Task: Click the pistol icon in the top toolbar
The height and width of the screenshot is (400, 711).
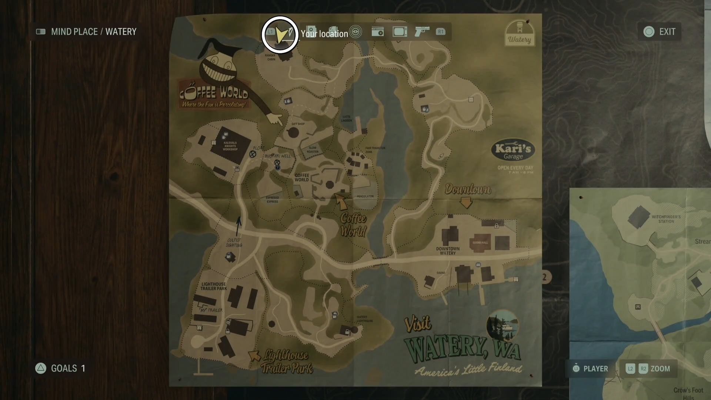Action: pyautogui.click(x=422, y=31)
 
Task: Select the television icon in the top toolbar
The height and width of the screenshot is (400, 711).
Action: pyautogui.click(x=400, y=32)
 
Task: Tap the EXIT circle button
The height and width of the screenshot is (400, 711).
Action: pyautogui.click(x=649, y=32)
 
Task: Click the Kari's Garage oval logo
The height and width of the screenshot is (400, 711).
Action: pyautogui.click(x=513, y=151)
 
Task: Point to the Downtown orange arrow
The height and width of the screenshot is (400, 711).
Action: pyautogui.click(x=466, y=203)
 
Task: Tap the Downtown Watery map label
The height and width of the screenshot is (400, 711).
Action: pyautogui.click(x=448, y=251)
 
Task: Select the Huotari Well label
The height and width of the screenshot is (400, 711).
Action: pyautogui.click(x=278, y=156)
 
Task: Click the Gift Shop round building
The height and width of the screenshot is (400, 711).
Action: pyautogui.click(x=294, y=133)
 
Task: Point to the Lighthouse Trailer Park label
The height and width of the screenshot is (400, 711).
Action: pyautogui.click(x=214, y=286)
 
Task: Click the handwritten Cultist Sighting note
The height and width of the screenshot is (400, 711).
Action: pyautogui.click(x=234, y=243)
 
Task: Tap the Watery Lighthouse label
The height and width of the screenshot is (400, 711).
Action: pyautogui.click(x=364, y=319)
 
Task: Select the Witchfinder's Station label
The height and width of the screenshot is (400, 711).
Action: pyautogui.click(x=666, y=219)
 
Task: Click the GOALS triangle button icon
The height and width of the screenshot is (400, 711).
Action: pyautogui.click(x=41, y=368)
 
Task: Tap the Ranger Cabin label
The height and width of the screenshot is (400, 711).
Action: pyautogui.click(x=270, y=57)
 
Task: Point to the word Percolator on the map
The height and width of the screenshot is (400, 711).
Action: pyautogui.click(x=365, y=196)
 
